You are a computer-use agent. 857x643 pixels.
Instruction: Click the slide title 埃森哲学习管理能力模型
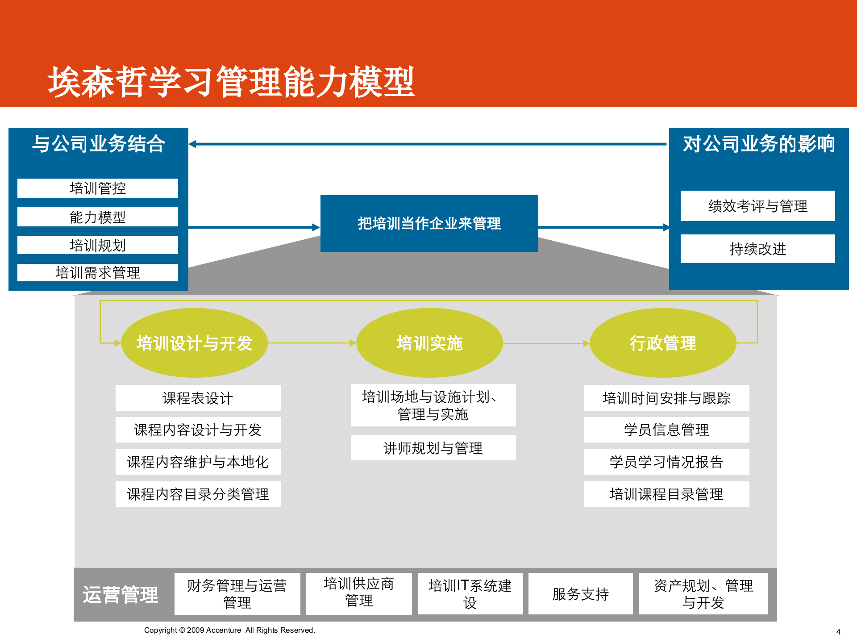(x=231, y=82)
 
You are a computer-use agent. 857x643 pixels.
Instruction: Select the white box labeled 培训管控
(x=98, y=188)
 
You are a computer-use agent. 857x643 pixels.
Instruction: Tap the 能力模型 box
(x=98, y=217)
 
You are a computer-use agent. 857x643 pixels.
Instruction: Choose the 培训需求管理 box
(x=98, y=272)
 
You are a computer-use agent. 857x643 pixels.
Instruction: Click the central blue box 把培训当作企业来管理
(x=429, y=223)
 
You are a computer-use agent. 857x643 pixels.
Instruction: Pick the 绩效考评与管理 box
(x=757, y=206)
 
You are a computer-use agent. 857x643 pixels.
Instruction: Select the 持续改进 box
(x=757, y=249)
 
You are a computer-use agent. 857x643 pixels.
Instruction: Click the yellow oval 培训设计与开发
(x=194, y=343)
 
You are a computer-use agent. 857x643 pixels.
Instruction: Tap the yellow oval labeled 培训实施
(x=429, y=343)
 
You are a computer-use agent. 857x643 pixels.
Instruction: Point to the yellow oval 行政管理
(x=663, y=343)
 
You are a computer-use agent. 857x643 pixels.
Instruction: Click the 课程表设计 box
(x=198, y=398)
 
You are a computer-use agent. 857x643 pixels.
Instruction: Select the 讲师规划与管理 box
(x=433, y=448)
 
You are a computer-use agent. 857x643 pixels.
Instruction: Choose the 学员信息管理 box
(x=666, y=430)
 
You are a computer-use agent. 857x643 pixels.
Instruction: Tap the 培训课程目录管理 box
(x=666, y=494)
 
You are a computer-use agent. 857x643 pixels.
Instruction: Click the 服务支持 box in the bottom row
(x=580, y=594)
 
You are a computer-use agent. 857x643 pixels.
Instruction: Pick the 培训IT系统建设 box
(x=470, y=594)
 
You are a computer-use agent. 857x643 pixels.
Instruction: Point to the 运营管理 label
(x=121, y=595)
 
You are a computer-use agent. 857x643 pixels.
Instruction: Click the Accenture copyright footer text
(x=229, y=630)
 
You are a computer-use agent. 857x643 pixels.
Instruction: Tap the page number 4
(x=838, y=632)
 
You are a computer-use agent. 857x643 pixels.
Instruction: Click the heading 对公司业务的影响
(x=758, y=144)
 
